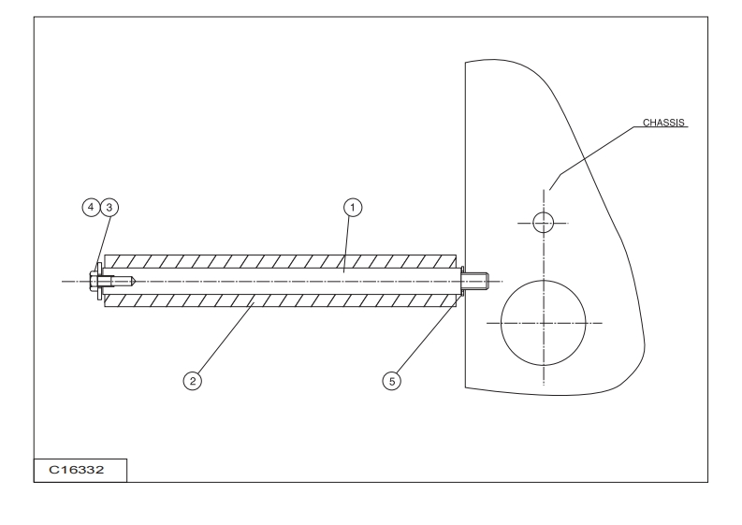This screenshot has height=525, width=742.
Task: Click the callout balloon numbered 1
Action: [353, 206]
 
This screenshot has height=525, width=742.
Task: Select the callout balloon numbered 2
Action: [191, 381]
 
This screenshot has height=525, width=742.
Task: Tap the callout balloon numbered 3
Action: [109, 206]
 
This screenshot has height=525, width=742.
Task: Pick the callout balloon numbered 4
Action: [91, 206]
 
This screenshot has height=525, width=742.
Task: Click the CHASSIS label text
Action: [662, 122]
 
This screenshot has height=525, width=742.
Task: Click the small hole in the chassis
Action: [543, 223]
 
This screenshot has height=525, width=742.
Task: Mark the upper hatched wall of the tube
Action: [281, 260]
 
